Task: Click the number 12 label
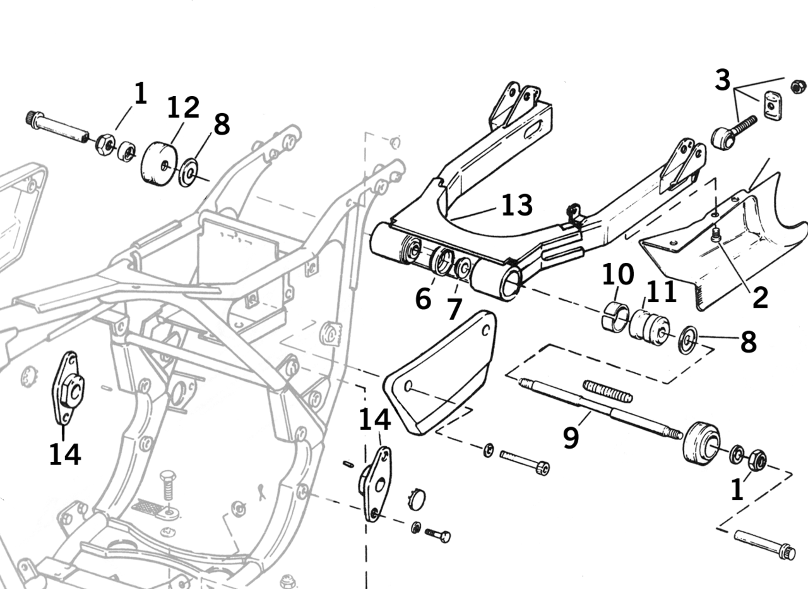[183, 107]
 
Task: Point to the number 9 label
[571, 437]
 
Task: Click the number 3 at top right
[723, 80]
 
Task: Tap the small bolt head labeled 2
[715, 236]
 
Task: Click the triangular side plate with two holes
[442, 373]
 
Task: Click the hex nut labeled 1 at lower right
[756, 460]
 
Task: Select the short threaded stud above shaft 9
[607, 390]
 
